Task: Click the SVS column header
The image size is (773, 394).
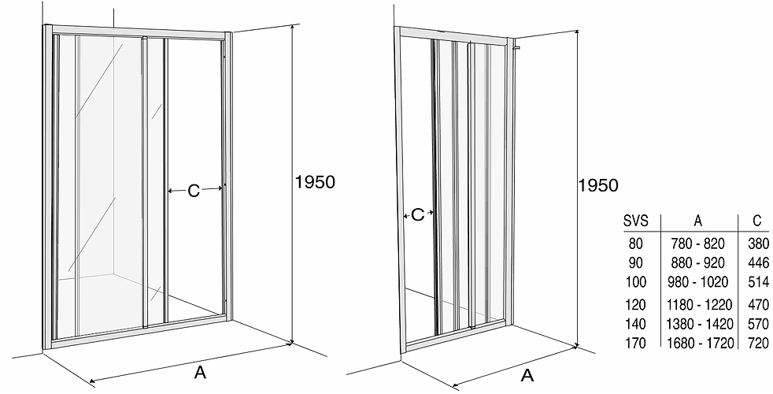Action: (635, 221)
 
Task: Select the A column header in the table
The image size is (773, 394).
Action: (698, 221)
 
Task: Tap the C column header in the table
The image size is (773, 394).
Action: (757, 221)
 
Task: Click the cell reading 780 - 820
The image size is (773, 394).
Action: (698, 243)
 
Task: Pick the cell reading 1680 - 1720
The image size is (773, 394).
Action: (700, 343)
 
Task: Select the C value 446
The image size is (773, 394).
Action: (758, 262)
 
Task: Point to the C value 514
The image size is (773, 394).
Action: (758, 282)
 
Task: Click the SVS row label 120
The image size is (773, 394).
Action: (636, 304)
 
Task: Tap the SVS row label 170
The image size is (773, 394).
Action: (636, 343)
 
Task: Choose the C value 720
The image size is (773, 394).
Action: (758, 343)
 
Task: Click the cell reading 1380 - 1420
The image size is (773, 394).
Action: (700, 324)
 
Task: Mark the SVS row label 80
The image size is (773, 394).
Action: (636, 243)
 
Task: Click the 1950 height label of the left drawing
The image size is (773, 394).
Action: (315, 182)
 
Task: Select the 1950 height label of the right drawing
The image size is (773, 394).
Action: (598, 185)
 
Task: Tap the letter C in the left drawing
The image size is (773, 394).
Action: (194, 191)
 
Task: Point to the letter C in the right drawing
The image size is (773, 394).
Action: (417, 215)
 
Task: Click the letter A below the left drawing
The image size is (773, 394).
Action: (200, 372)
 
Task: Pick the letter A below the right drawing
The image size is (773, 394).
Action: (527, 376)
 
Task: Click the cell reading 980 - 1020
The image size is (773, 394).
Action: (698, 282)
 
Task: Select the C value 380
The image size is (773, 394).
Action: (758, 243)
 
